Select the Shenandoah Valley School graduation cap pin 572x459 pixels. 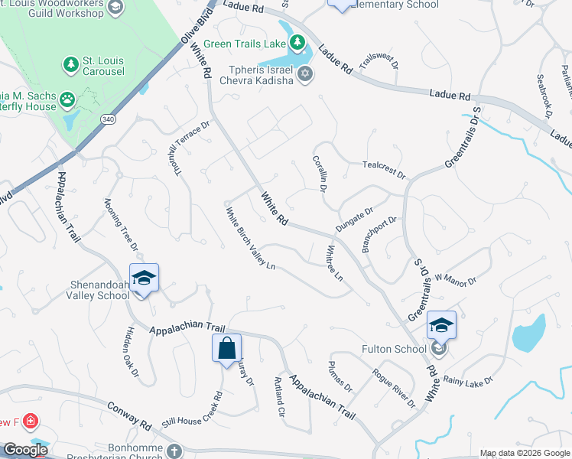(142, 279)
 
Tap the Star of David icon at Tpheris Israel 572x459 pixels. (305, 74)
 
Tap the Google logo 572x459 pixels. (26, 450)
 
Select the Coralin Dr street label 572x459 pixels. (320, 174)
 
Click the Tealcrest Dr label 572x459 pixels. (384, 168)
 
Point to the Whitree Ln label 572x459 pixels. (335, 262)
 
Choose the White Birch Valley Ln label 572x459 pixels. (249, 238)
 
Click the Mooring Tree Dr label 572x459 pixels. (121, 225)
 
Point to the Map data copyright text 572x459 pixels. (524, 453)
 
